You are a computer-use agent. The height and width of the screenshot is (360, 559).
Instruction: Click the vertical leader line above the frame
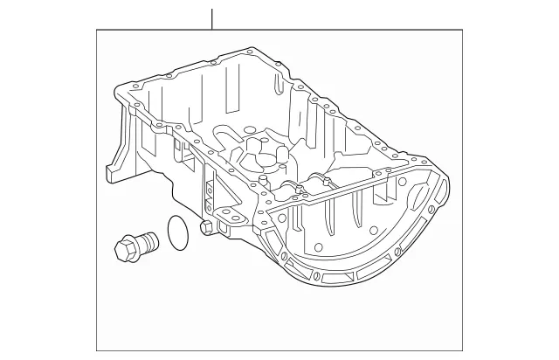(210, 18)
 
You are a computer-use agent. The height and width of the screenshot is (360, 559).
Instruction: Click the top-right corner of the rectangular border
(462, 31)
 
